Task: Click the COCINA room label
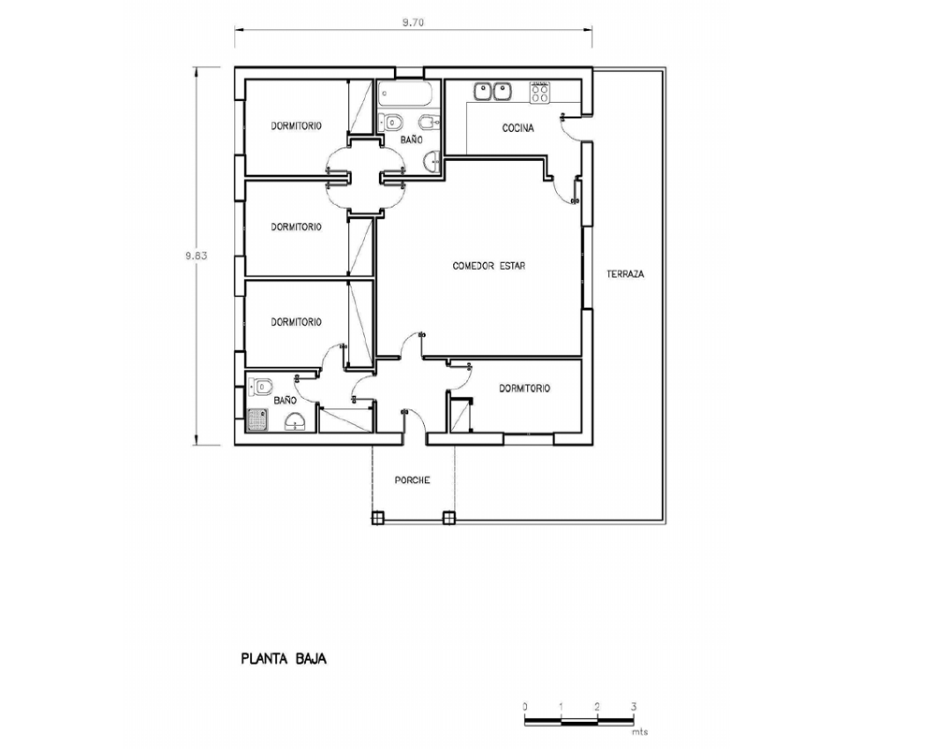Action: point(518,128)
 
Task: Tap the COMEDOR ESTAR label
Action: point(489,266)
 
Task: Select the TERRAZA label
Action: point(625,274)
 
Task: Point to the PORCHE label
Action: point(412,480)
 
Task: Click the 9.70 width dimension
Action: point(413,22)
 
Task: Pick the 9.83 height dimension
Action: point(196,256)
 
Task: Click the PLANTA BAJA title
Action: point(284,659)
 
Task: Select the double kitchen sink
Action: point(493,92)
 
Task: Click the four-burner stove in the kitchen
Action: point(540,92)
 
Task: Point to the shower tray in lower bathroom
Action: point(257,419)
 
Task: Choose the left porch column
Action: point(376,518)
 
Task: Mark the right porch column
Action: point(448,518)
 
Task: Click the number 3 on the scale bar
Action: point(634,707)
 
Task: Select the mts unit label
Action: point(639,731)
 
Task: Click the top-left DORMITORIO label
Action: point(296,126)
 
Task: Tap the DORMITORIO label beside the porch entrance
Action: point(524,389)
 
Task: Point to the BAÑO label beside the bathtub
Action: point(411,140)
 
